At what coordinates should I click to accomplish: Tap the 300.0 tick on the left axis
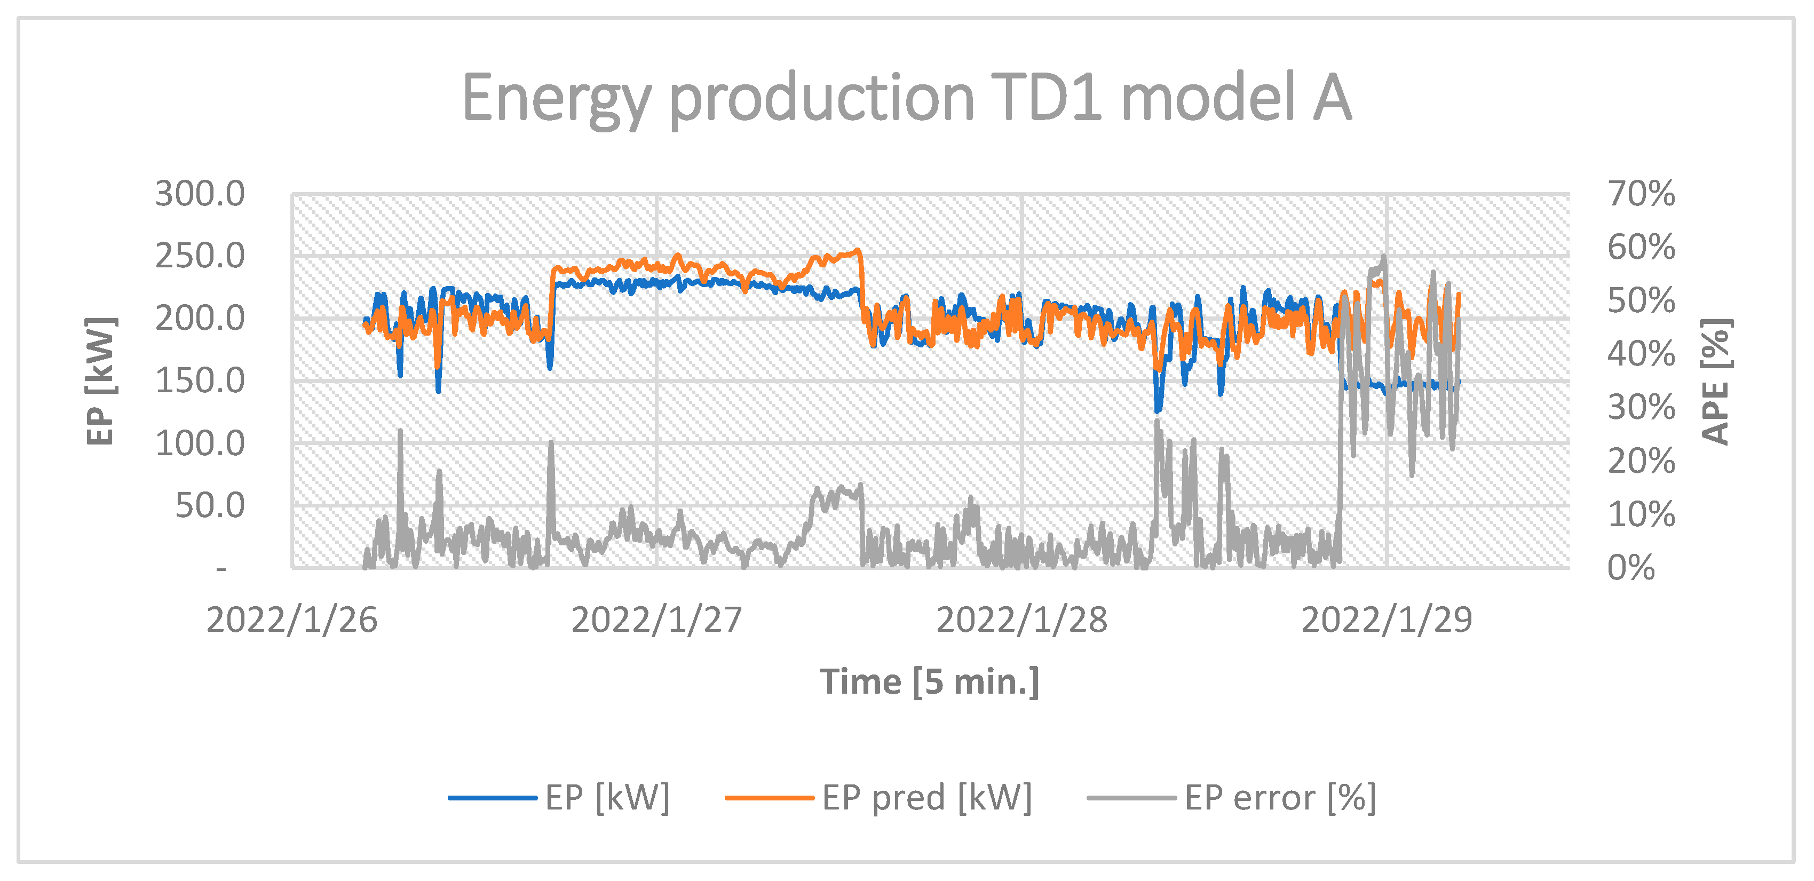coord(200,194)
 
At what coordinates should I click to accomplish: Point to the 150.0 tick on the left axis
coord(200,381)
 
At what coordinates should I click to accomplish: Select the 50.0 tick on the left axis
coord(209,506)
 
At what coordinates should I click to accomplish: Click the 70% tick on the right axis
coord(1641,194)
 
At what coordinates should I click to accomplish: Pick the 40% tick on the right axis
coord(1641,354)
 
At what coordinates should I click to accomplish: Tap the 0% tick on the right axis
coord(1631,568)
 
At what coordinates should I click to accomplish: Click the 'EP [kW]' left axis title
coord(100,381)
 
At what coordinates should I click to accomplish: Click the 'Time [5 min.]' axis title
coord(930,682)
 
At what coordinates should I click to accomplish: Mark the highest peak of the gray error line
coord(1384,256)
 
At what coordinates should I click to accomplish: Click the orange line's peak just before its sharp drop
coord(857,250)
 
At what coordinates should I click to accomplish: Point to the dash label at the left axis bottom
coord(221,568)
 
